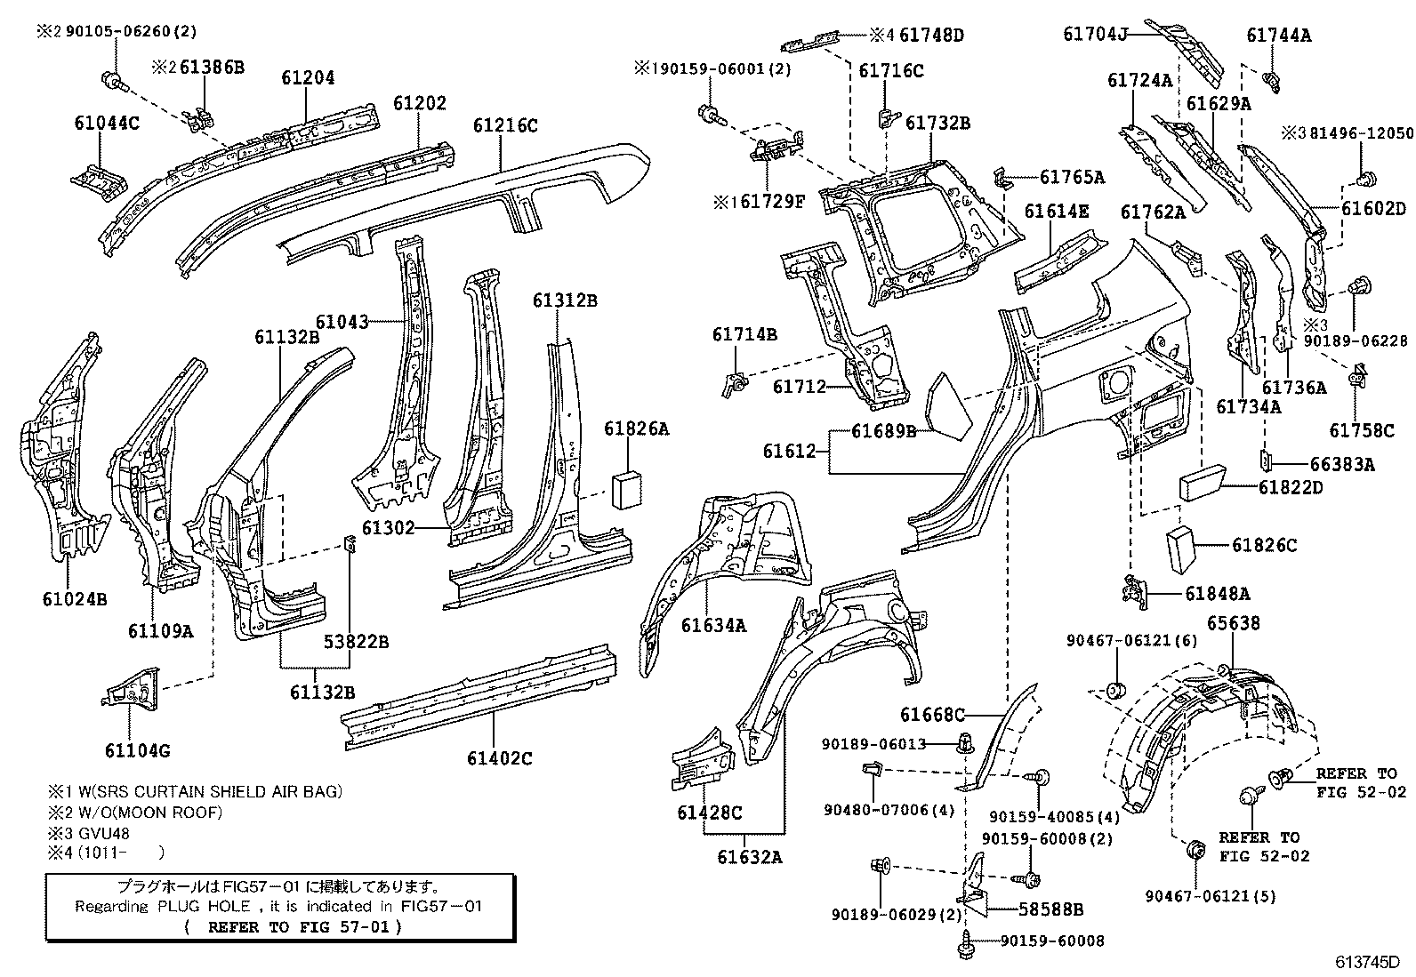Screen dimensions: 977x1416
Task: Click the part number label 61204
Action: pyautogui.click(x=308, y=78)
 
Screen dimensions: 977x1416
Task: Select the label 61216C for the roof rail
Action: pyautogui.click(x=504, y=125)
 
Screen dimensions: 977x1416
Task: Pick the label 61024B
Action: pyautogui.click(x=74, y=599)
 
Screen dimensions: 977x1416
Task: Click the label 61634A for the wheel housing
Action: pyautogui.click(x=713, y=626)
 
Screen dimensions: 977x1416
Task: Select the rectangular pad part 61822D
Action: pyautogui.click(x=1203, y=484)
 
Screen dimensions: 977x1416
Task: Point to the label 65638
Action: pyautogui.click(x=1233, y=623)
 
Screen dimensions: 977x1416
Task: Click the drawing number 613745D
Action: pyautogui.click(x=1367, y=963)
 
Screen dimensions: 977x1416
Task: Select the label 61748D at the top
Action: pyautogui.click(x=930, y=36)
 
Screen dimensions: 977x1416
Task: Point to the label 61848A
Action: pyautogui.click(x=1217, y=594)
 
